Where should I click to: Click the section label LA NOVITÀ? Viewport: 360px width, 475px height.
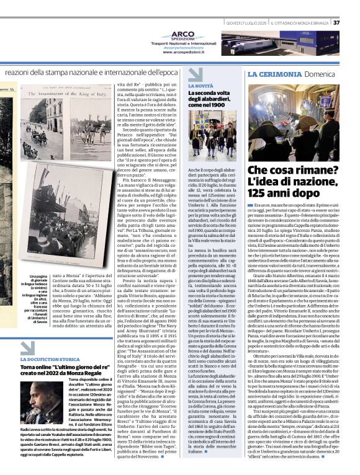(x=200, y=85)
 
